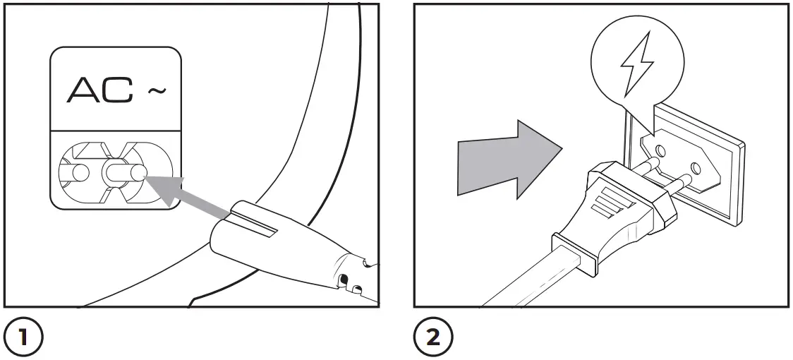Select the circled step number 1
[x=23, y=338]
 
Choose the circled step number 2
[x=432, y=338]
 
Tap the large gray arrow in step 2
[x=508, y=159]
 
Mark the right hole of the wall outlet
[x=696, y=169]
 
